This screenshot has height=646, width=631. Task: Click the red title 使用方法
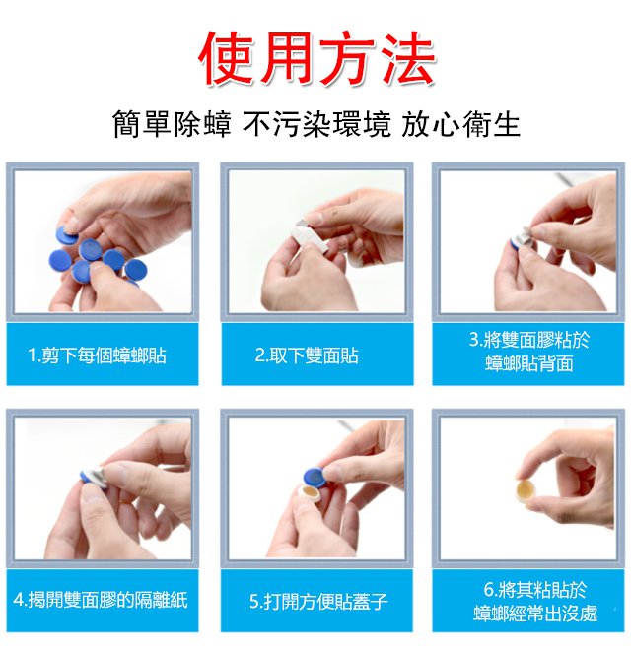316,58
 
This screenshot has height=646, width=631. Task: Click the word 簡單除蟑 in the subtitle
172,124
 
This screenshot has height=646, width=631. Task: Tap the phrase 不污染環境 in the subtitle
316,124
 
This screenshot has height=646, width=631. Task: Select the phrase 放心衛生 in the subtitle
460,124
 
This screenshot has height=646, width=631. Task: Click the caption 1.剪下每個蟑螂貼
98,355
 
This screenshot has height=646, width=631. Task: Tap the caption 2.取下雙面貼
307,355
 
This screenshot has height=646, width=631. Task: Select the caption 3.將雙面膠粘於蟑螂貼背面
529,352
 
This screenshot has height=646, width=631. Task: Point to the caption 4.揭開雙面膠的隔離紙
101,600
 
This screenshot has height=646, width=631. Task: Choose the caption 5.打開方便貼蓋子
318,601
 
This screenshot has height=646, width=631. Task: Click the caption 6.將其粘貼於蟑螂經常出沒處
535,601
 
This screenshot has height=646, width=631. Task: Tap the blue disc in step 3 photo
516,243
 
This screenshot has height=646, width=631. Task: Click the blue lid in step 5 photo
315,477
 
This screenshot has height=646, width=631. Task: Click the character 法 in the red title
406,58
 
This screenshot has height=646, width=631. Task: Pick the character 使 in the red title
227,58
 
